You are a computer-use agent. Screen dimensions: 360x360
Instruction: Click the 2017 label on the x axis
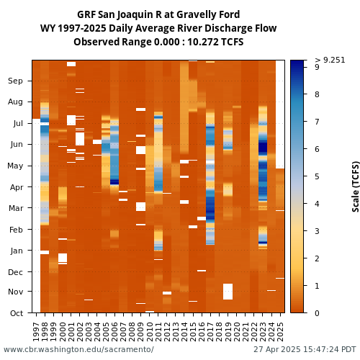coord(210,332)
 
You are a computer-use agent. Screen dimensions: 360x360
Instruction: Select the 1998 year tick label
coord(45,332)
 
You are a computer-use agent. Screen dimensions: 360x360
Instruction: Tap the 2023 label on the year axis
coord(263,332)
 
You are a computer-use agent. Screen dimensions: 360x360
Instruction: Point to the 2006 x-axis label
coord(114,332)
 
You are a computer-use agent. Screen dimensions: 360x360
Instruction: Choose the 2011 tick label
coord(158,332)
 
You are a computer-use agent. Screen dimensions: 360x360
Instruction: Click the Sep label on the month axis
coord(15,81)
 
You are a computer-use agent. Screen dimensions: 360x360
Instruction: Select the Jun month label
coord(17,145)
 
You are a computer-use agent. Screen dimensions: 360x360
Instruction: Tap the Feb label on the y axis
coord(16,230)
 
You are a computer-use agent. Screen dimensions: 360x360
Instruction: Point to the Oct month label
coord(17,313)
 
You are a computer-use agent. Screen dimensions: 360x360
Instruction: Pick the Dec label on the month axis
coord(15,272)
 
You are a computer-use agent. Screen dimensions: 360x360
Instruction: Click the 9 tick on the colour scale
coord(317,67)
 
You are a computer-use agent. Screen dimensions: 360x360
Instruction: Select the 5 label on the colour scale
coord(317,176)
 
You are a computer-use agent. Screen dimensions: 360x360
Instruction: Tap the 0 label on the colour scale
coord(317,313)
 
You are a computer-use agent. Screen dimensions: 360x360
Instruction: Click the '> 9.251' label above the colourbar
coord(330,60)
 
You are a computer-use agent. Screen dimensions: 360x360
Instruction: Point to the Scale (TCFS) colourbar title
coord(356,186)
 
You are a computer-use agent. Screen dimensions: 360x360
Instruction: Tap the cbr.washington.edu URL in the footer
coord(78,349)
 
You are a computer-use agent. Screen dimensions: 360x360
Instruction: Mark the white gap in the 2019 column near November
coord(228,292)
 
